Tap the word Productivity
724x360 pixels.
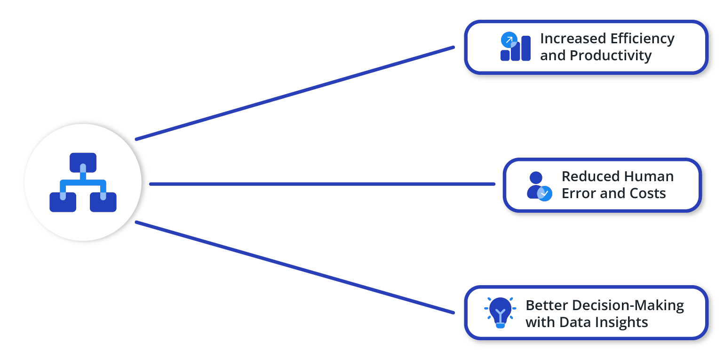pos(611,56)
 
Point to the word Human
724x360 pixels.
pos(649,176)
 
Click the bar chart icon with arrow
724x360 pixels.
pos(516,47)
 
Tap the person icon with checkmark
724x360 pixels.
pos(540,186)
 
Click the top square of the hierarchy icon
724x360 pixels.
pos(83,163)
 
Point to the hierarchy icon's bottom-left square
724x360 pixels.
pos(63,202)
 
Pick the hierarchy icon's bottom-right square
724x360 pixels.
pos(103,202)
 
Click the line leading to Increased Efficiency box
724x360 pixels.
pos(295,94)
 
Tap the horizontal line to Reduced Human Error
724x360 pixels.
pos(322,184)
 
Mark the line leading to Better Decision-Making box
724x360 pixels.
pos(295,267)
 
